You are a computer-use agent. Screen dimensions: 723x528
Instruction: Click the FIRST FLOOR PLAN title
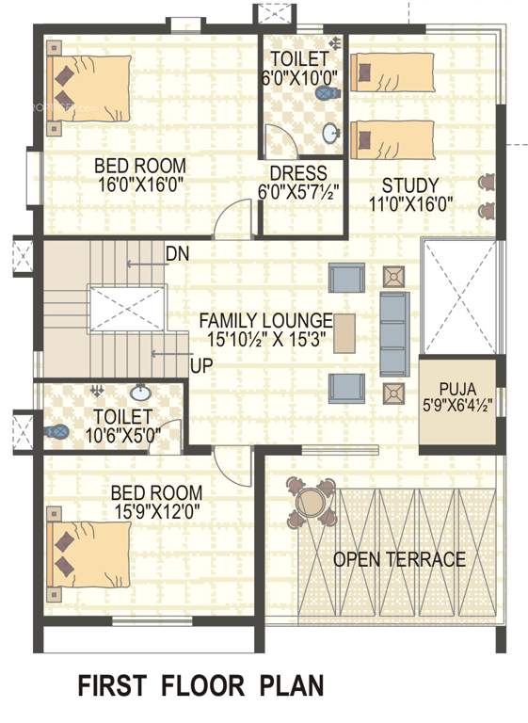click(x=200, y=685)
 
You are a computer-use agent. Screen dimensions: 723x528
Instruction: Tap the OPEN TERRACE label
click(x=399, y=560)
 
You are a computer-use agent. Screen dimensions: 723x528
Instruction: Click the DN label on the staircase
click(x=176, y=253)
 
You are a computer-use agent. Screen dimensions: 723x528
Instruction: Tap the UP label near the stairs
click(x=200, y=365)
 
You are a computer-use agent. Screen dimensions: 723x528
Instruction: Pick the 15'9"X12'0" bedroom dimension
click(x=156, y=511)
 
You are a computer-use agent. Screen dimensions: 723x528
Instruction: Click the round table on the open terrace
click(x=310, y=503)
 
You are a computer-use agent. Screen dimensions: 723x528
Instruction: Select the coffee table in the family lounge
click(x=344, y=332)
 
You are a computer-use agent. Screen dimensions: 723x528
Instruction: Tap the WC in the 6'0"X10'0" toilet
click(x=327, y=94)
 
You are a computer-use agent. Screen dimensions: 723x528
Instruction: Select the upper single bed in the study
click(x=392, y=72)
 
